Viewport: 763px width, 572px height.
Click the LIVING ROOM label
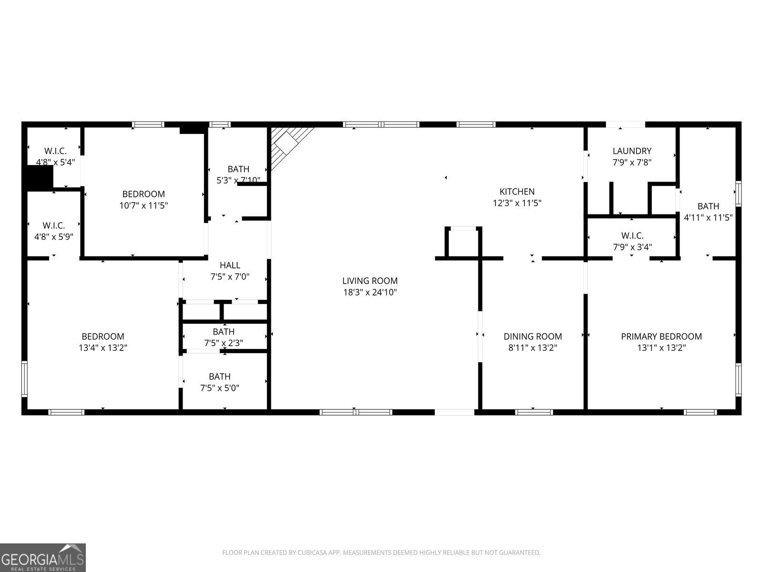370,281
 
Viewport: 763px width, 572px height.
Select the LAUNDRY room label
632,151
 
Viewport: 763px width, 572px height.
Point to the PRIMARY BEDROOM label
661,337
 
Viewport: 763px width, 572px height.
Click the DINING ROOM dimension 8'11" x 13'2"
533,348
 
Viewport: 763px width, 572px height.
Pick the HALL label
230,266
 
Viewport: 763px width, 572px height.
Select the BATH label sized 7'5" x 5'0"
219,377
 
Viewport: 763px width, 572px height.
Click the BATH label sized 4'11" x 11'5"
708,206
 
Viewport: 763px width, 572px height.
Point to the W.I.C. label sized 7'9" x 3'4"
632,236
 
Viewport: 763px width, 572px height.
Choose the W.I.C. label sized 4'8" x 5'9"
53,225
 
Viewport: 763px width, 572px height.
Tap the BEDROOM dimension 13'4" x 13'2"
103,348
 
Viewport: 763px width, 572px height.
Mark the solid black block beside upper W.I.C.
39,178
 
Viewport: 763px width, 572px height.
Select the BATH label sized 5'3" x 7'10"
238,169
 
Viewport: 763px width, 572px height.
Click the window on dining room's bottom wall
534,412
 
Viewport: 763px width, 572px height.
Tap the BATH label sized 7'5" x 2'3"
224,332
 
